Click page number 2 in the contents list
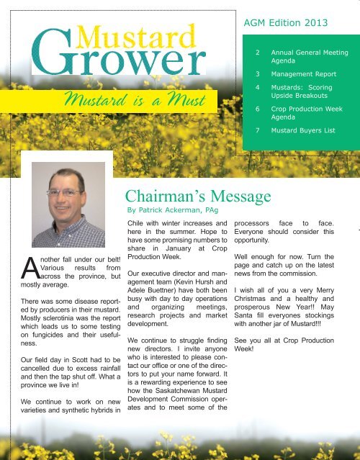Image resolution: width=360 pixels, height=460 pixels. pos(258,53)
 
